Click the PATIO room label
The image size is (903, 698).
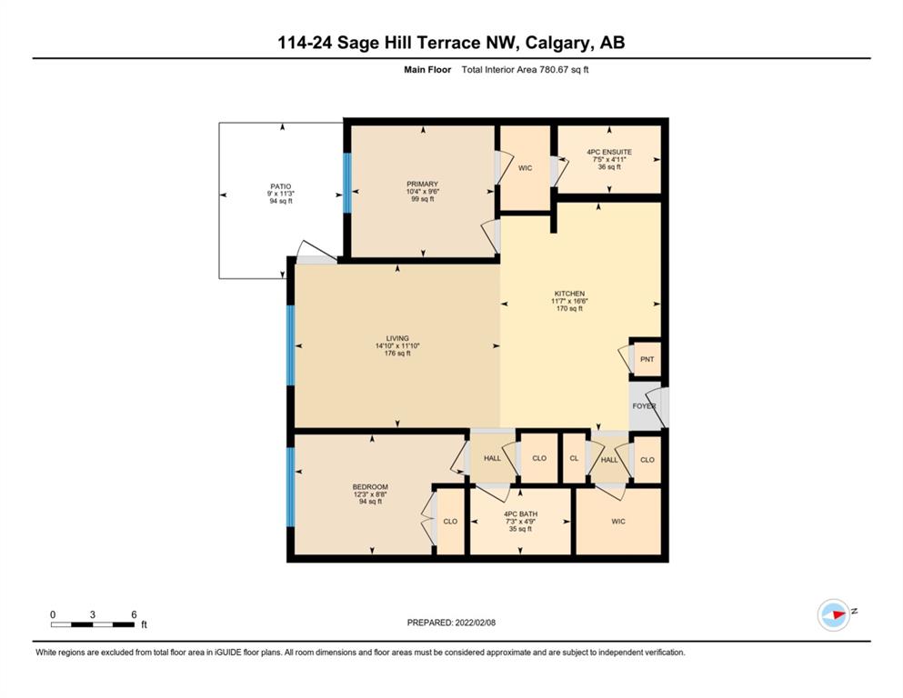point(280,186)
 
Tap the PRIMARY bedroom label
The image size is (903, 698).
point(422,184)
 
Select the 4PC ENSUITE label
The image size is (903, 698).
point(609,152)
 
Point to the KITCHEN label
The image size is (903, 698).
point(569,294)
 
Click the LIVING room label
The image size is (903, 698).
point(397,338)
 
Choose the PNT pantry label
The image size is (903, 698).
point(647,359)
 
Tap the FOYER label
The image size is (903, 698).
point(644,406)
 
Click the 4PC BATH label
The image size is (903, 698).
point(520,514)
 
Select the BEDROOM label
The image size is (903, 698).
point(370,487)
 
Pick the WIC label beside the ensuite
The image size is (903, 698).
point(526,168)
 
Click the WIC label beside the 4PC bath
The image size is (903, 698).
point(618,522)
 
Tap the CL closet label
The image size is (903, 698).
point(574,458)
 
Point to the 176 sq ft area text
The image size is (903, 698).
point(397,354)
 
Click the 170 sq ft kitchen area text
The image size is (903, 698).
point(569,308)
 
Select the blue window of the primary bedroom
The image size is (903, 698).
point(346,183)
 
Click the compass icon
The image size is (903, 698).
point(834,614)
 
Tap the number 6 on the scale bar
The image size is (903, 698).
point(134,614)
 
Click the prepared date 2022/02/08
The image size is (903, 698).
point(475,623)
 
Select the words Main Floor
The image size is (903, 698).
point(427,70)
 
